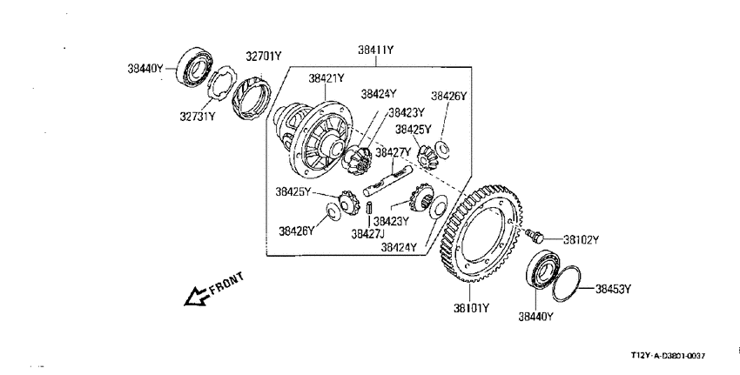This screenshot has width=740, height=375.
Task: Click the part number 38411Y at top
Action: pos(376,50)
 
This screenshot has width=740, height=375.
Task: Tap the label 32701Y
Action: pos(263,57)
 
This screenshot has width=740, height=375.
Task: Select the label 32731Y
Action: pos(198,116)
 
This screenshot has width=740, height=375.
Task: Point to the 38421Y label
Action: pos(326,78)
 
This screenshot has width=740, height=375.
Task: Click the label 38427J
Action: pos(367,234)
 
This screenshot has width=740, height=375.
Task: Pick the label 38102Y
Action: pos(581,240)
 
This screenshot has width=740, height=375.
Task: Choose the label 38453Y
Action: pos(613,289)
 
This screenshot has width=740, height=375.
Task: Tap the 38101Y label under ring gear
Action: pos(472,309)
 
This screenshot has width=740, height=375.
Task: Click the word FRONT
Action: pos(227,284)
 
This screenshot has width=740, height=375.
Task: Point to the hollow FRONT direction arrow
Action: pos(197,297)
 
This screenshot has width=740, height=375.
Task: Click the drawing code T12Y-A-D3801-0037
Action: pos(668,356)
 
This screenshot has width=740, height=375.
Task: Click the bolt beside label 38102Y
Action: pos(535,235)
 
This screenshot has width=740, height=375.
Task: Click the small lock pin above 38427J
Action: pos(369,208)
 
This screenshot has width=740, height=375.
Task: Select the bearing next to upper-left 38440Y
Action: pos(194,68)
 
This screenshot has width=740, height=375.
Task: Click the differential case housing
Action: pos(313,140)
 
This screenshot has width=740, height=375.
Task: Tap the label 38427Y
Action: pos(394,152)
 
